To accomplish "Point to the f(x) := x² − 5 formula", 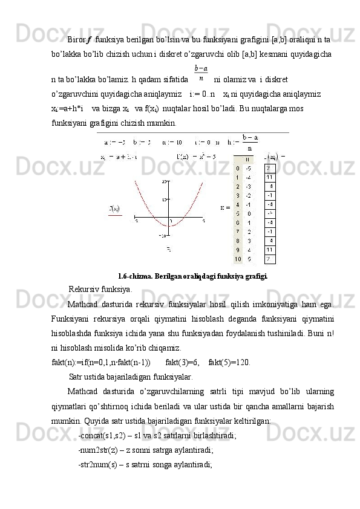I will pos(197,157).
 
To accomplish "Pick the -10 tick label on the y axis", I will pos(162,235).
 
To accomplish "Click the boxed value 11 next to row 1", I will pos(270,177).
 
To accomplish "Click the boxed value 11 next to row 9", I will pos(270,250).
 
